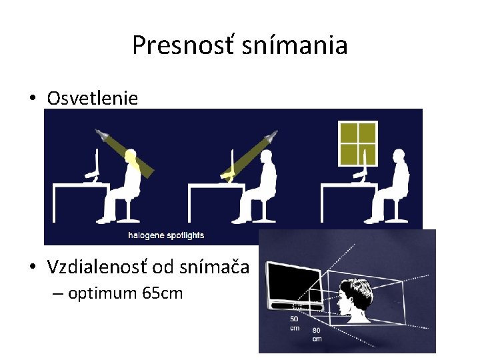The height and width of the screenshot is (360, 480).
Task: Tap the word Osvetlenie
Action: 93,99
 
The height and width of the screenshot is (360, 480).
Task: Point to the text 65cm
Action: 163,293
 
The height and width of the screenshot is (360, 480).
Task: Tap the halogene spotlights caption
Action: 166,235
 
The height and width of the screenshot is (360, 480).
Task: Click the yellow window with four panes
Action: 357,143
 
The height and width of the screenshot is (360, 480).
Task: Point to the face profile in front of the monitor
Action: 348,299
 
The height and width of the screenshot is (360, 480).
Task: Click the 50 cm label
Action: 294,323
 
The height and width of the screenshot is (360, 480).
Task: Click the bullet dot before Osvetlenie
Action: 33,99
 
